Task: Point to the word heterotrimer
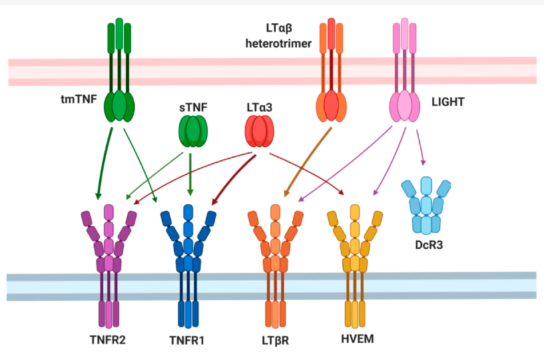click(x=276, y=42)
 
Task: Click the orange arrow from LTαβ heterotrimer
click(x=308, y=160)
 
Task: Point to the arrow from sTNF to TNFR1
click(x=191, y=170)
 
